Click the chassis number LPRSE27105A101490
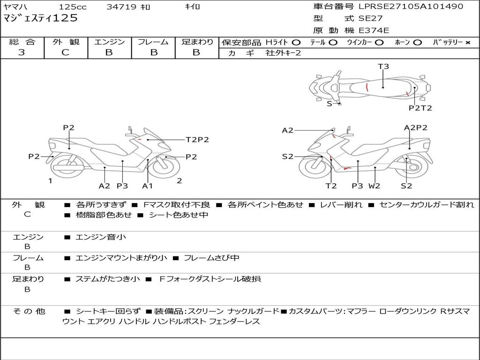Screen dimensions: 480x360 [411, 6]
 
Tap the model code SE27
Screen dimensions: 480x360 [370, 18]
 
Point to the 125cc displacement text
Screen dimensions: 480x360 [73, 7]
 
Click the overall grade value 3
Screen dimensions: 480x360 [22, 52]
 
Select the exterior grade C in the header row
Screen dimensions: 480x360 [66, 52]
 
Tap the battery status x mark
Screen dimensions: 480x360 [468, 43]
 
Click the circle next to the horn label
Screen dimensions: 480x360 [417, 43]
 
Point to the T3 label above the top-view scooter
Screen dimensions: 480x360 [383, 67]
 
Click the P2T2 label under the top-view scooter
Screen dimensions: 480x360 [420, 108]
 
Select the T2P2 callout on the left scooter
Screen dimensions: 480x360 [197, 140]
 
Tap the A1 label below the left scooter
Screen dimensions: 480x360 [147, 186]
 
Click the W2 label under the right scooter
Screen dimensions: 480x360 [374, 186]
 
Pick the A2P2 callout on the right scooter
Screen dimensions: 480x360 [416, 127]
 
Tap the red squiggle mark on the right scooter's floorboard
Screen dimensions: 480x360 [347, 168]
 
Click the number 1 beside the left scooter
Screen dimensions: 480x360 [50, 181]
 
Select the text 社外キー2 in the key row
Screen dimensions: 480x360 [283, 53]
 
